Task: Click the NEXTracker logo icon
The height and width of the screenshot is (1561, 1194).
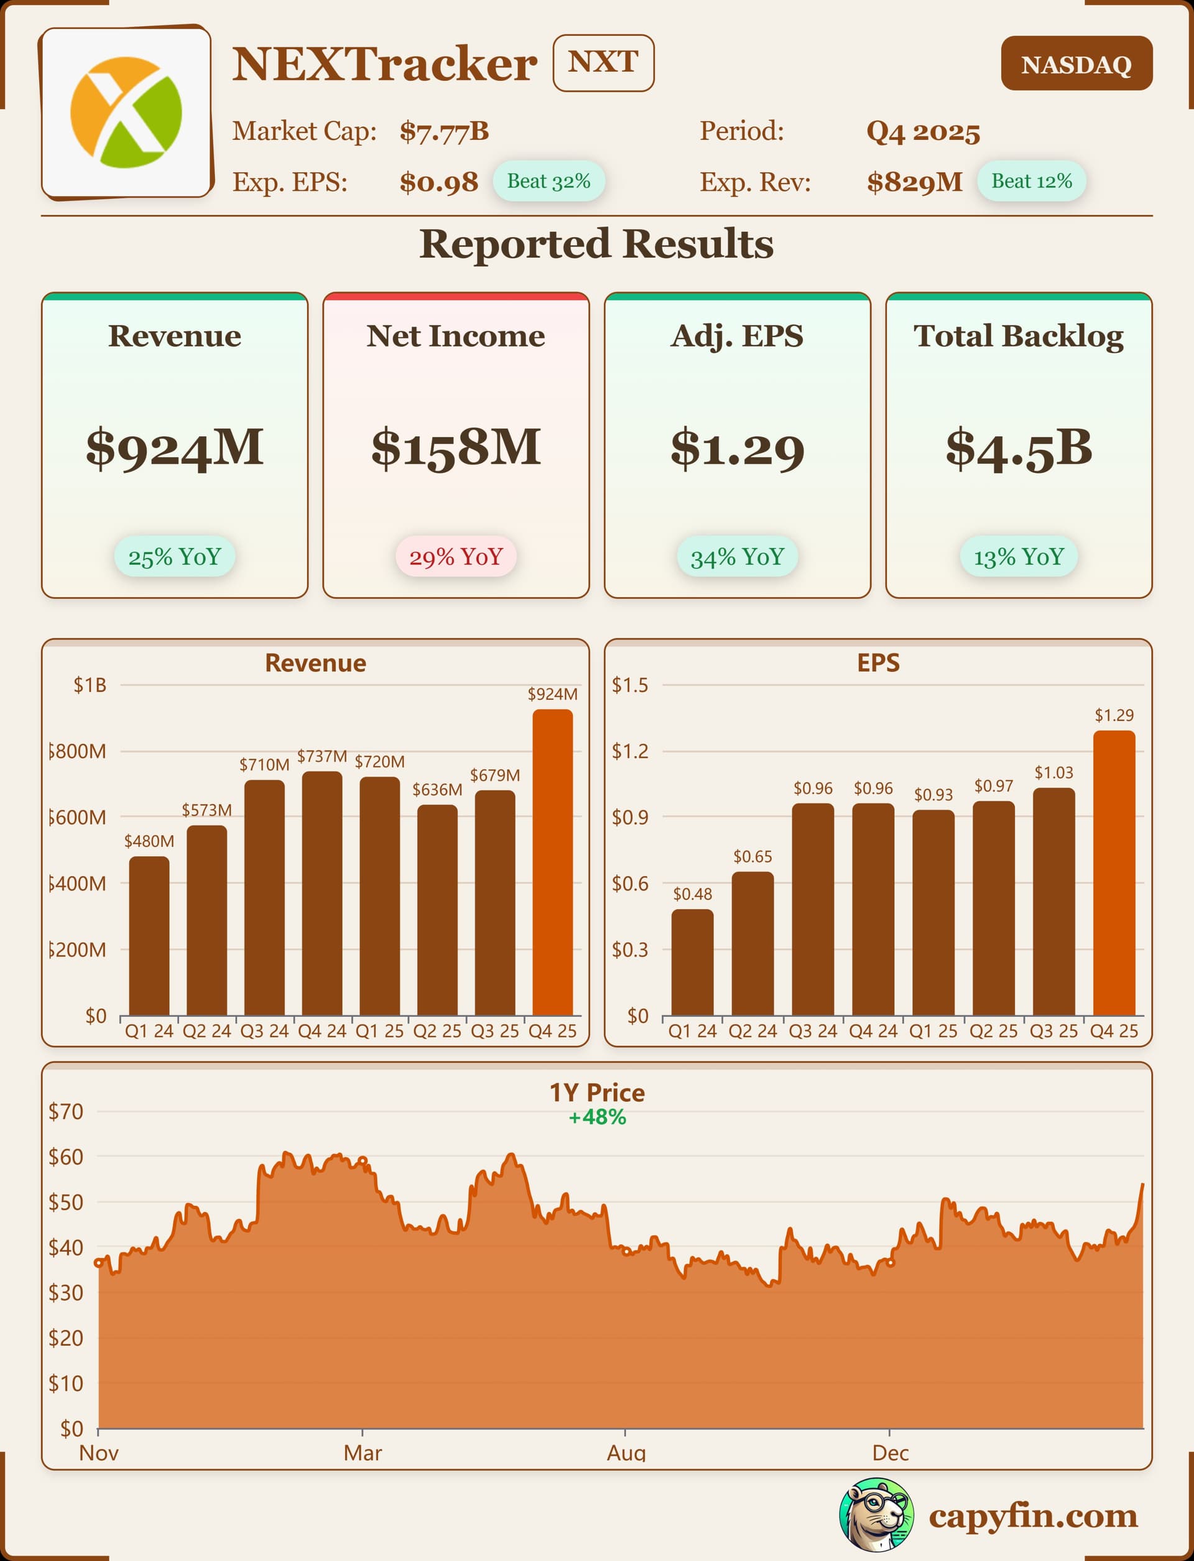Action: click(x=126, y=113)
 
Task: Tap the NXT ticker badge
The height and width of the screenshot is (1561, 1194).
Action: click(x=603, y=63)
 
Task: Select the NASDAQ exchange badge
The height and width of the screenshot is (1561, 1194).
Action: click(x=1076, y=64)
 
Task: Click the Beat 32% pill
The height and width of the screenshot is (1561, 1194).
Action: click(x=548, y=181)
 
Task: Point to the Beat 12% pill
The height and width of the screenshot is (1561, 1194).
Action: click(x=1031, y=181)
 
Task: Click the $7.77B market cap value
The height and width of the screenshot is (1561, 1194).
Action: click(x=444, y=131)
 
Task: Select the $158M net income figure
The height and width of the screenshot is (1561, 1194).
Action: click(x=456, y=448)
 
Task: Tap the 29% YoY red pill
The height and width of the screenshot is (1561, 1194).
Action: click(x=456, y=557)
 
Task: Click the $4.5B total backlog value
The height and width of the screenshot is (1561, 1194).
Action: click(x=1019, y=448)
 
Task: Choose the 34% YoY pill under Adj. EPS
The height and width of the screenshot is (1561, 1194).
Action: click(x=737, y=557)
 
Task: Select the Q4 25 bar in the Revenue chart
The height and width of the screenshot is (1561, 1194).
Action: click(x=552, y=862)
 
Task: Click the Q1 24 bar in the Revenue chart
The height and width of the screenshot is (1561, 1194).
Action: click(x=149, y=936)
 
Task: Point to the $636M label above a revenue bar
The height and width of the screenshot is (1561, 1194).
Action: click(x=437, y=790)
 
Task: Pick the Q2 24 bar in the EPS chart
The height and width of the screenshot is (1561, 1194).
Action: click(x=752, y=943)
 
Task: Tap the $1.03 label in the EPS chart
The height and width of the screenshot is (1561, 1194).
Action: click(x=1053, y=773)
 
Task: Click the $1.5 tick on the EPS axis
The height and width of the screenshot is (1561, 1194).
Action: click(x=630, y=685)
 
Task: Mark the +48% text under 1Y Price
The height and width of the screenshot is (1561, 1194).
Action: click(x=597, y=1117)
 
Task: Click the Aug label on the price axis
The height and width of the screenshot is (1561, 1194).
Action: click(x=626, y=1453)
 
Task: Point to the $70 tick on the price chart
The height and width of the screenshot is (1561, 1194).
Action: click(x=65, y=1112)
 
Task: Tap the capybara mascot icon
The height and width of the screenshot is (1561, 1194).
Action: click(x=876, y=1515)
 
